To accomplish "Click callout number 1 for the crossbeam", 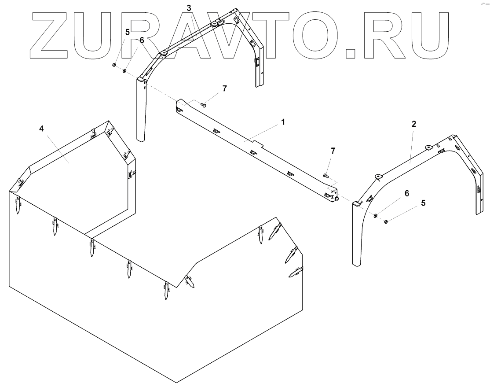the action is click(x=283, y=122).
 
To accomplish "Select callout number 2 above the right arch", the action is click(x=414, y=124).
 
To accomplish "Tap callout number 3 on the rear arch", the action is click(x=189, y=8).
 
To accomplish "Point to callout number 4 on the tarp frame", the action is click(x=41, y=129).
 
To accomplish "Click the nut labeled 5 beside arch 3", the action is click(x=113, y=65).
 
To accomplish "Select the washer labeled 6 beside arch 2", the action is click(x=375, y=215).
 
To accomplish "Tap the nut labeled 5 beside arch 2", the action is click(x=386, y=221).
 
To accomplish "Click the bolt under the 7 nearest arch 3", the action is click(x=203, y=105).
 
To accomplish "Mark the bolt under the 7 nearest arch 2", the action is click(x=326, y=176).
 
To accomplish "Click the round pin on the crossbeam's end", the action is click(x=337, y=199).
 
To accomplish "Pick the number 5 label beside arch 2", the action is click(x=423, y=203).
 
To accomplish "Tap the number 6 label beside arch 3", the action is click(x=142, y=40).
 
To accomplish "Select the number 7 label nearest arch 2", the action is click(x=333, y=151).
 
